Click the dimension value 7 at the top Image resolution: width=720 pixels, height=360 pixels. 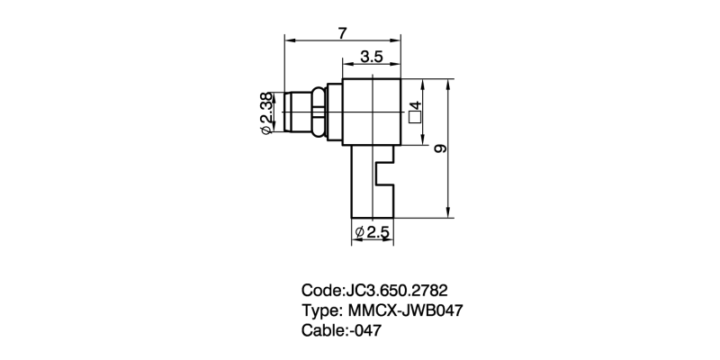(x=342, y=32)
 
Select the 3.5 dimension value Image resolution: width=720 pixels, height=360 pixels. (x=372, y=57)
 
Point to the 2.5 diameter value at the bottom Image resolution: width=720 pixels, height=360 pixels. (x=377, y=232)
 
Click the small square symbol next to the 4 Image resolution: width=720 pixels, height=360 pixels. (x=415, y=115)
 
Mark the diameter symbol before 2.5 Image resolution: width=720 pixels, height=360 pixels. (x=360, y=233)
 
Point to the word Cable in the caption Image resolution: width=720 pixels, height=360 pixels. (x=321, y=331)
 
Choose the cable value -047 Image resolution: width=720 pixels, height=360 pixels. (x=366, y=331)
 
